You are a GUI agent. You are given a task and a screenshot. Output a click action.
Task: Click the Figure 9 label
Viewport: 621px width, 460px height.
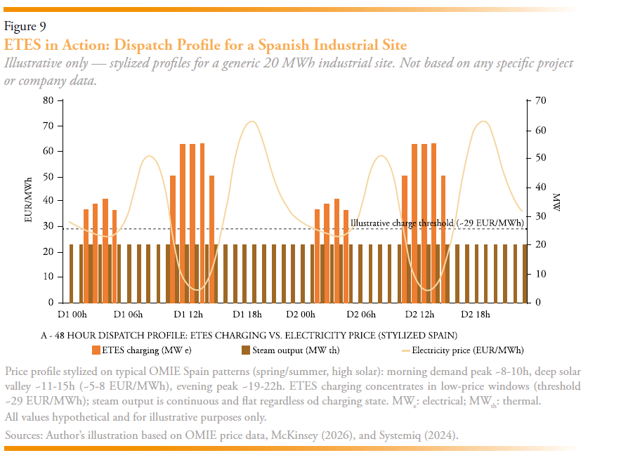coord(25,26)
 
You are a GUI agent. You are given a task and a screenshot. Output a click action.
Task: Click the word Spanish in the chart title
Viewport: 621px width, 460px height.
coord(283,45)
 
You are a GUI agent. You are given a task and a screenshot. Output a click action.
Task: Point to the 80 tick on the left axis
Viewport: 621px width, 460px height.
coord(48,100)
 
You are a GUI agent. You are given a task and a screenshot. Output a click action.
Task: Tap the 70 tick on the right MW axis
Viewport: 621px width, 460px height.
coord(541,100)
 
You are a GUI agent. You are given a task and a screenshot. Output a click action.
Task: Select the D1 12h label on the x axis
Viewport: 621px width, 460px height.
coord(188,315)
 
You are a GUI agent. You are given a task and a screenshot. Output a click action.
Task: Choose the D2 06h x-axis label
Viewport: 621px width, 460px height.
coord(361,315)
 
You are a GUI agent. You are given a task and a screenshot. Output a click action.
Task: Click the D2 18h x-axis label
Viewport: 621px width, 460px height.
coord(476,315)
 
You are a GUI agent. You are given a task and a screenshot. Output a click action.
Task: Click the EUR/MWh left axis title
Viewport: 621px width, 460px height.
coord(28,200)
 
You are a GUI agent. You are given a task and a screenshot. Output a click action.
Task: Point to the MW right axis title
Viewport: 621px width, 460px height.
coord(556,202)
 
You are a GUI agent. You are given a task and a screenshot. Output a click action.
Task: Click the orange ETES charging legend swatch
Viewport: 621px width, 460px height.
coord(96,350)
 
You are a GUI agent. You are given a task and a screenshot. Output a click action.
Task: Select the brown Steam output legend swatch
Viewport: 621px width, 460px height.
coord(246,350)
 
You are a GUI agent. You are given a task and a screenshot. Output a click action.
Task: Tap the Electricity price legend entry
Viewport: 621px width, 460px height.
coord(462,350)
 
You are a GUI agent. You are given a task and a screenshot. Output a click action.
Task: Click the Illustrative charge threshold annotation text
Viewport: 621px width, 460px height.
coord(437,223)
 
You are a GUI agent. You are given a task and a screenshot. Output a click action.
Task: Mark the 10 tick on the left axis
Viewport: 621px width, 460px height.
coord(48,277)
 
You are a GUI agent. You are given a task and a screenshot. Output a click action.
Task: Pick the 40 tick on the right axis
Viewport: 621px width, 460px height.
coord(541,187)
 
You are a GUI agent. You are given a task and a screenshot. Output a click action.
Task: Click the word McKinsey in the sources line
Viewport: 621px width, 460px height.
coord(294,435)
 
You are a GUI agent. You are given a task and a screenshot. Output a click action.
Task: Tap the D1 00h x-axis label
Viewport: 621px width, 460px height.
coord(72,315)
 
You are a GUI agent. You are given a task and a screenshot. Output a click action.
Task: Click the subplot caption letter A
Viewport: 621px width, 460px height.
coord(44,336)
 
